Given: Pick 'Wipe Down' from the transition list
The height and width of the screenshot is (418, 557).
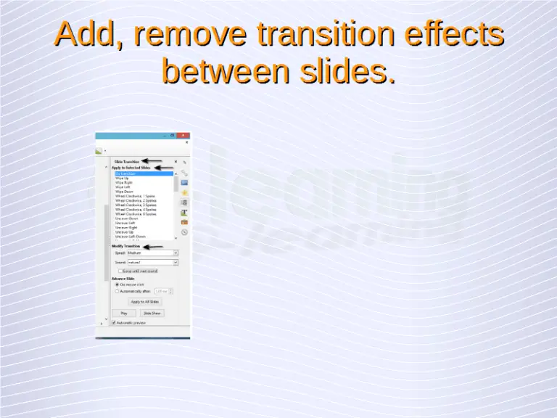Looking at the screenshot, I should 124,192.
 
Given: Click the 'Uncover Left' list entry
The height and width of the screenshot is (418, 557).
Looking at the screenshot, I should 125,223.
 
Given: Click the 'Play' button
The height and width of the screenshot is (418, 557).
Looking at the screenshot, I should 124,313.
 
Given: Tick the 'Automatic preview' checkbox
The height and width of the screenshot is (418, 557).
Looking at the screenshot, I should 114,322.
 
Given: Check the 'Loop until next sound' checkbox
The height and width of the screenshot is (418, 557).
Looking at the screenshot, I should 120,271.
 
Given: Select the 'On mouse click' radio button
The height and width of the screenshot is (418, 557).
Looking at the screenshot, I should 117,284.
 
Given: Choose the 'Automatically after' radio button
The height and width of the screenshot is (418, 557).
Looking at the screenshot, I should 117,291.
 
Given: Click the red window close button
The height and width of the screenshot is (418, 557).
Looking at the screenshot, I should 184,135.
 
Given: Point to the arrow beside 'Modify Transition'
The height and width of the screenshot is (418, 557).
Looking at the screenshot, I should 154,246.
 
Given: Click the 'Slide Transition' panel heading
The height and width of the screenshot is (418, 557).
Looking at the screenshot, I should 127,161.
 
